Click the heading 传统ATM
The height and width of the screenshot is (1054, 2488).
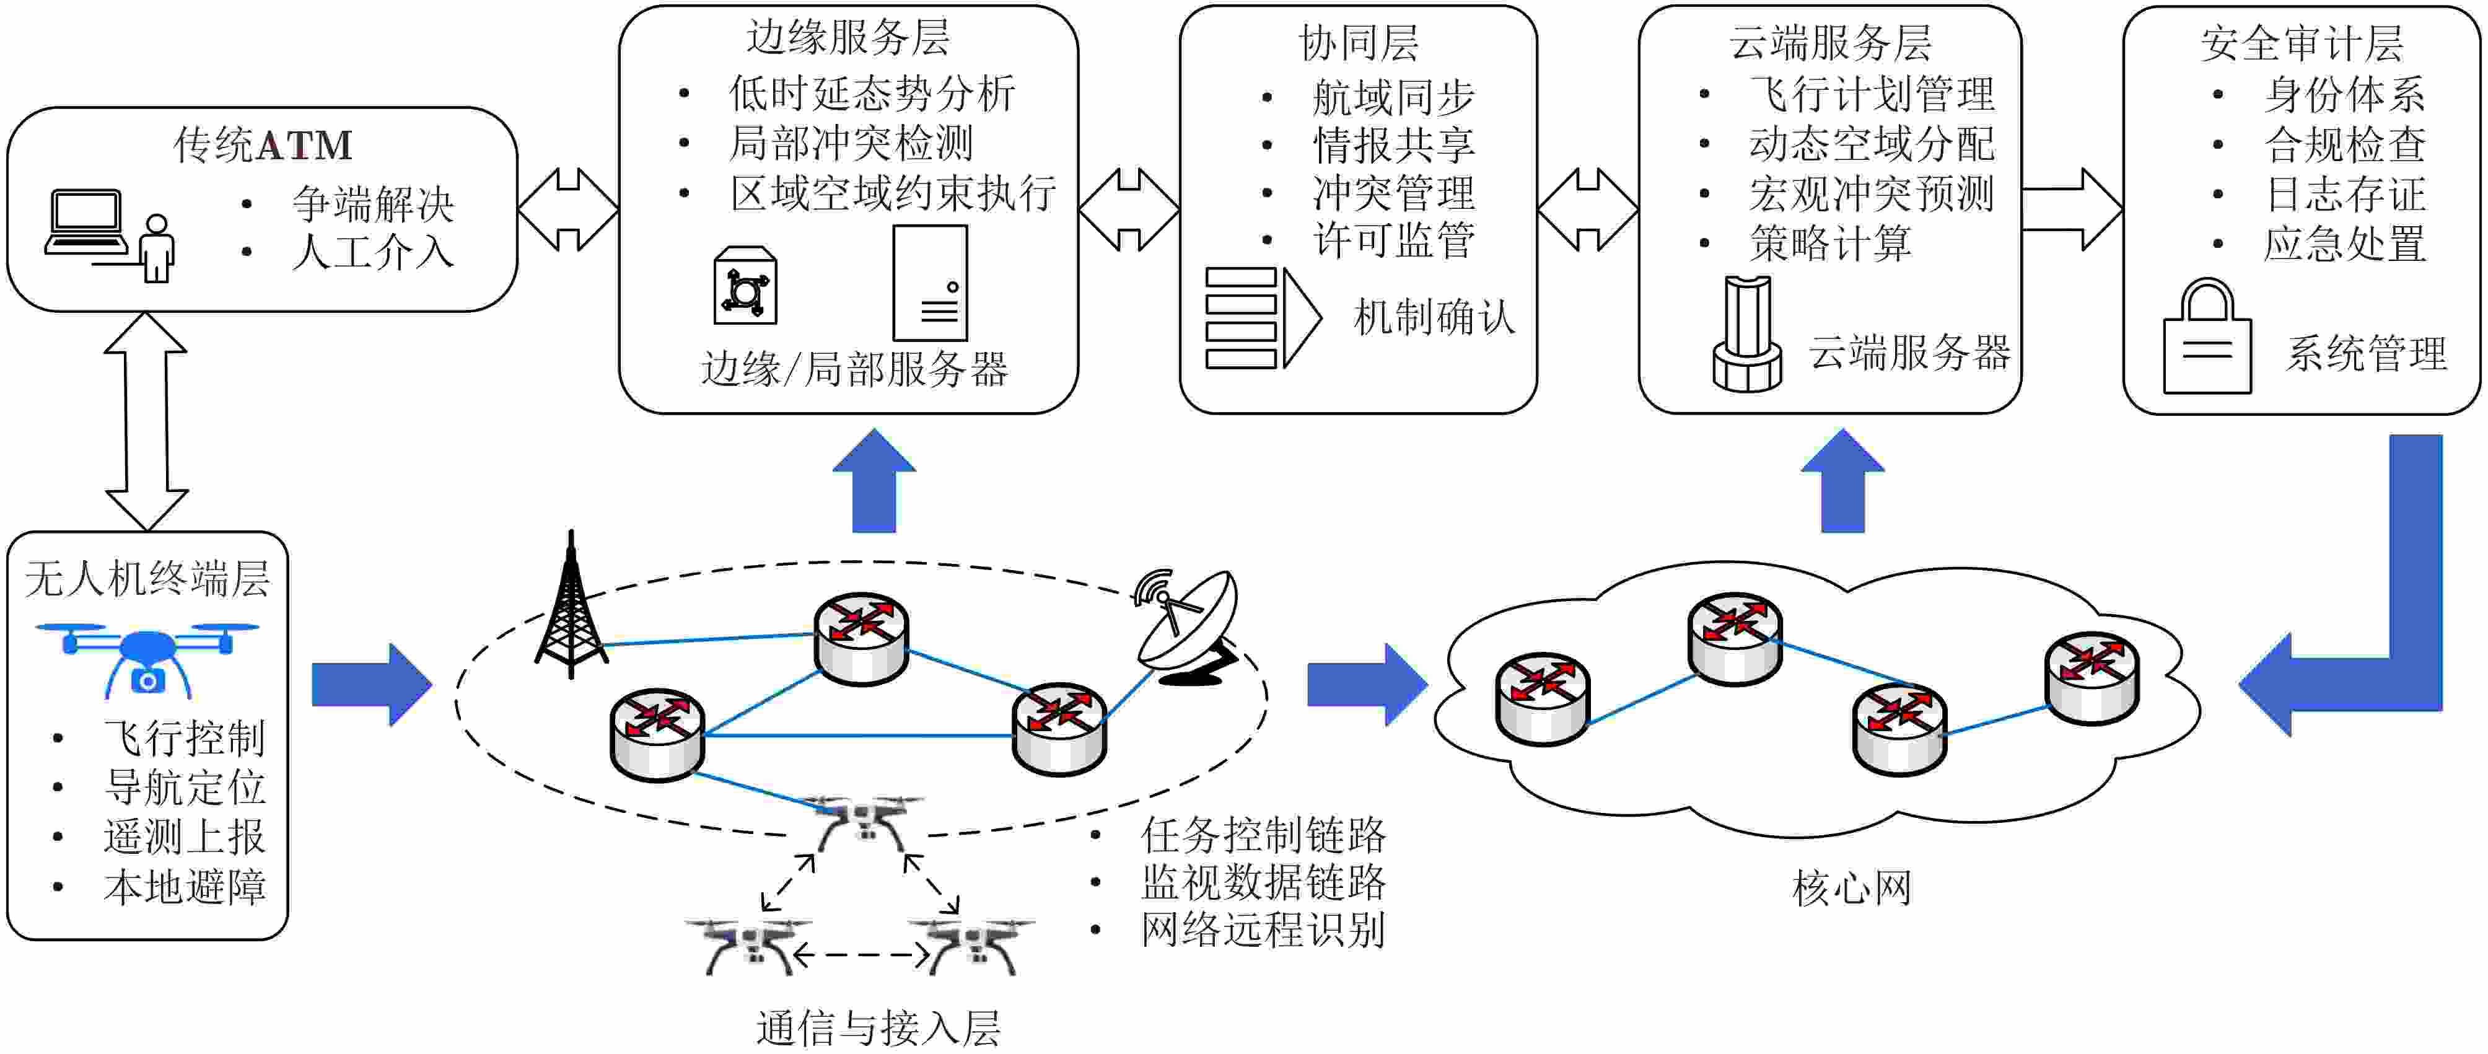(263, 145)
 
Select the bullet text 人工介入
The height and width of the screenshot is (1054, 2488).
(373, 252)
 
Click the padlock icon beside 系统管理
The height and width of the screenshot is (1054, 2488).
(2207, 338)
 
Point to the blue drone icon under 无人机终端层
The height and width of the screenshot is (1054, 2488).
(147, 657)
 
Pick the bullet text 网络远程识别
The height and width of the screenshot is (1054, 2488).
(1263, 929)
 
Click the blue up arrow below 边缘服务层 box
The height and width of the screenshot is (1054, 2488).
(874, 483)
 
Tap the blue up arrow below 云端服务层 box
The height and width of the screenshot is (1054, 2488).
(1843, 483)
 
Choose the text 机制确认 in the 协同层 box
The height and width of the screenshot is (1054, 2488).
(1434, 317)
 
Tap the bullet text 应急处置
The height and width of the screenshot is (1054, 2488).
(2345, 244)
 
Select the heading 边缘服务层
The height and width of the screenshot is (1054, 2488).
(848, 38)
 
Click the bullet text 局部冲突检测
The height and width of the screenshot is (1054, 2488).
(851, 143)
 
